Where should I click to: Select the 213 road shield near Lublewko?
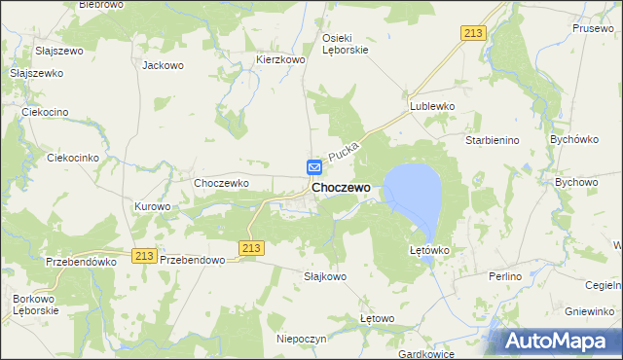pyautogui.click(x=473, y=33)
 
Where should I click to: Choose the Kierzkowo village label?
pyautogui.click(x=281, y=59)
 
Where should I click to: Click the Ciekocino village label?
pyautogui.click(x=45, y=112)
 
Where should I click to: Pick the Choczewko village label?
pyautogui.click(x=223, y=182)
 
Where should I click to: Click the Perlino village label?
pyautogui.click(x=507, y=276)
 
